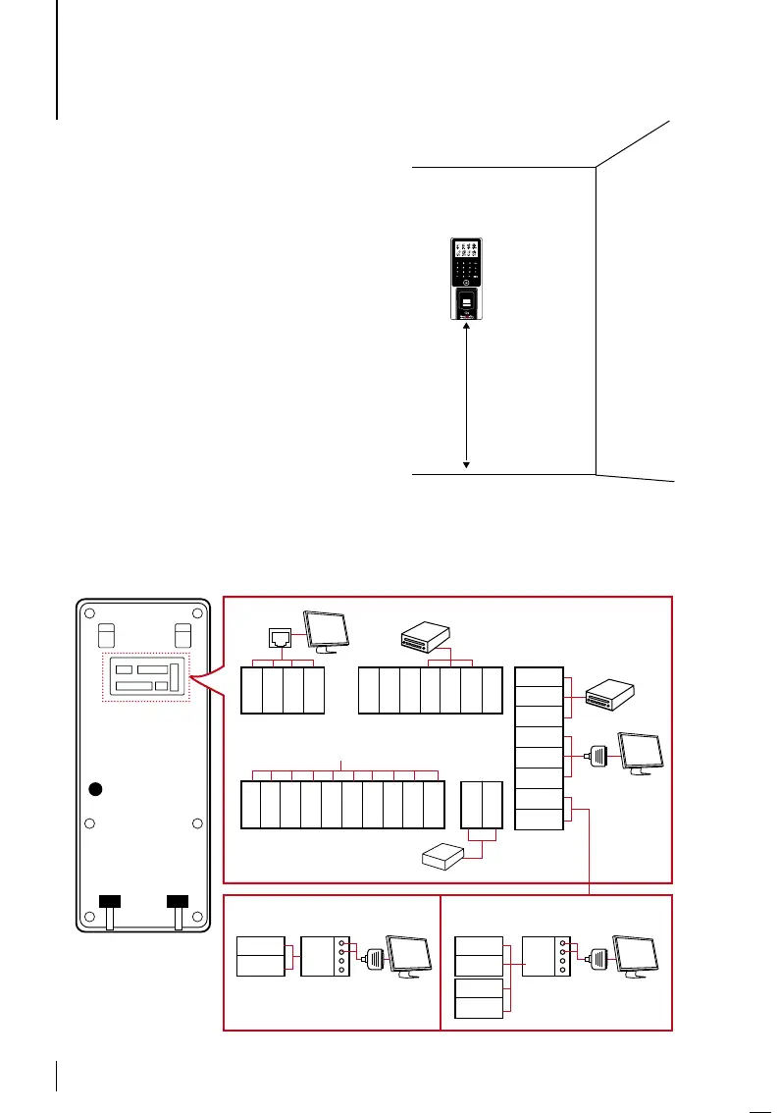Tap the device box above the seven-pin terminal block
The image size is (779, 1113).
click(x=427, y=638)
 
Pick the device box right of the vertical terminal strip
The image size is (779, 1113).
click(x=612, y=696)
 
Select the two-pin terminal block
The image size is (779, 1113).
click(x=481, y=804)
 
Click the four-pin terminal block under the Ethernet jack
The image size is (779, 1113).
click(x=283, y=690)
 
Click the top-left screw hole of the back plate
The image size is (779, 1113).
click(x=89, y=614)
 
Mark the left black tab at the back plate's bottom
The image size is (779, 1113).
click(x=110, y=900)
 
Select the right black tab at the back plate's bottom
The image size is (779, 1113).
click(x=177, y=900)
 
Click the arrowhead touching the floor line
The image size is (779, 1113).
click(x=467, y=464)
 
